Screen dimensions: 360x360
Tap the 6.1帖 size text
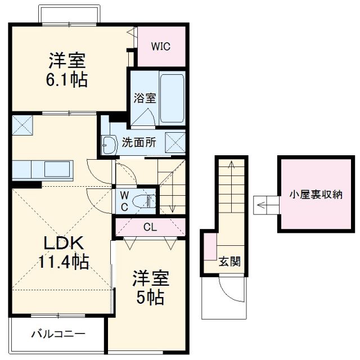click(66, 80)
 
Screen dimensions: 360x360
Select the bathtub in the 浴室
click(172, 98)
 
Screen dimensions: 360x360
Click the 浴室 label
click(145, 98)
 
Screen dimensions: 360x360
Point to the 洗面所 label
click(139, 143)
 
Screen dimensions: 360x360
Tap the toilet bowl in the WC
click(148, 200)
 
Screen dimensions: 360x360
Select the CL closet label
click(150, 227)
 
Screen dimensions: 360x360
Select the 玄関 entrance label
click(229, 262)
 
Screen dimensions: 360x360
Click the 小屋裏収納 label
click(316, 194)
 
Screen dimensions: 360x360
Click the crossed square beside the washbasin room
click(175, 143)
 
